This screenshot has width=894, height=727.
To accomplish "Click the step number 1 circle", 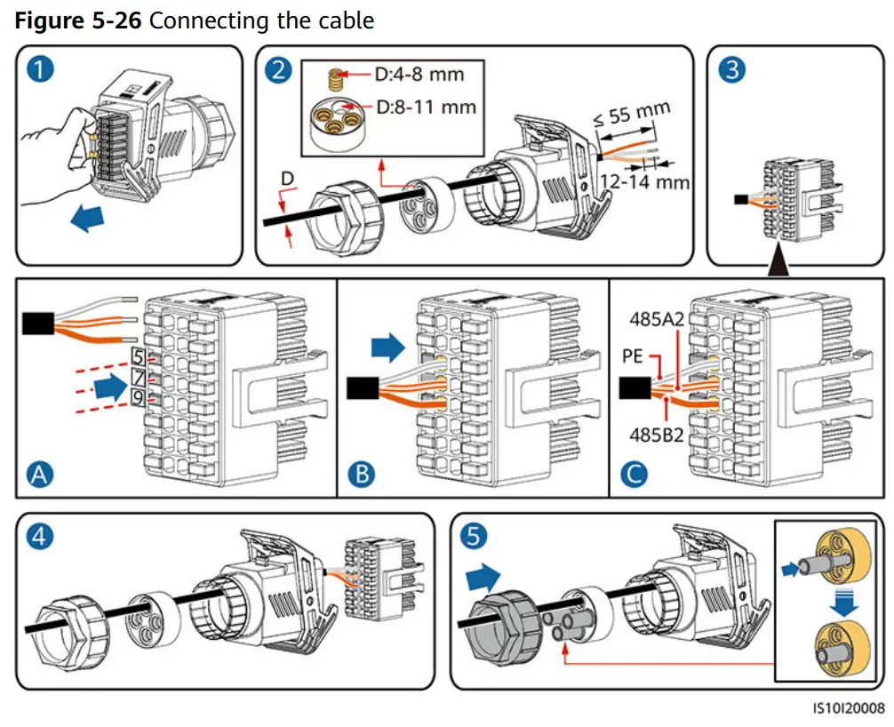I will [x=38, y=70].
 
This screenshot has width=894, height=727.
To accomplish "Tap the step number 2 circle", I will [x=278, y=70].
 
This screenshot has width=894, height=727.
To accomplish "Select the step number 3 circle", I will [x=731, y=70].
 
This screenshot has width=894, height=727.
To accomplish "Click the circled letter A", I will [x=38, y=475].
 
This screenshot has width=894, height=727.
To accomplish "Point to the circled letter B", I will [x=361, y=475].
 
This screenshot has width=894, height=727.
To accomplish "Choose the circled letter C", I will [x=633, y=475].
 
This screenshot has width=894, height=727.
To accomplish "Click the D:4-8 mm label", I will [x=419, y=74].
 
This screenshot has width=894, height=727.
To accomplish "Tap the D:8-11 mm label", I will [x=427, y=108].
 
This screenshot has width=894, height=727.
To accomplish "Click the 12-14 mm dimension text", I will [x=644, y=182].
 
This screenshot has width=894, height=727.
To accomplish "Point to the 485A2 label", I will [x=654, y=317].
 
